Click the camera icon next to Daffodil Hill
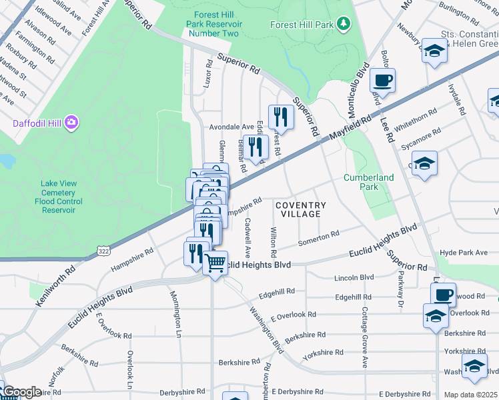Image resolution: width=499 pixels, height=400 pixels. pyautogui.click(x=71, y=123)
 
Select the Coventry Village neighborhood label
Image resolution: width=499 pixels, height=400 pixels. pyautogui.click(x=301, y=209)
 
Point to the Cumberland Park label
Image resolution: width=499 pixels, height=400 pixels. pyautogui.click(x=368, y=182)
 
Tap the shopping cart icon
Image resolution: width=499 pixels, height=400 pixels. pyautogui.click(x=215, y=263)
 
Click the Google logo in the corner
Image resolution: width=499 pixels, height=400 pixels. pyautogui.click(x=21, y=392)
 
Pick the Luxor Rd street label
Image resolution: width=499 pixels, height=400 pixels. pyautogui.click(x=209, y=73)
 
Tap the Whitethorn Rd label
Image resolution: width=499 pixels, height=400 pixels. pyautogui.click(x=415, y=121)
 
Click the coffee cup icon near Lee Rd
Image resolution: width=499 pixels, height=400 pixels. pyautogui.click(x=383, y=81)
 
